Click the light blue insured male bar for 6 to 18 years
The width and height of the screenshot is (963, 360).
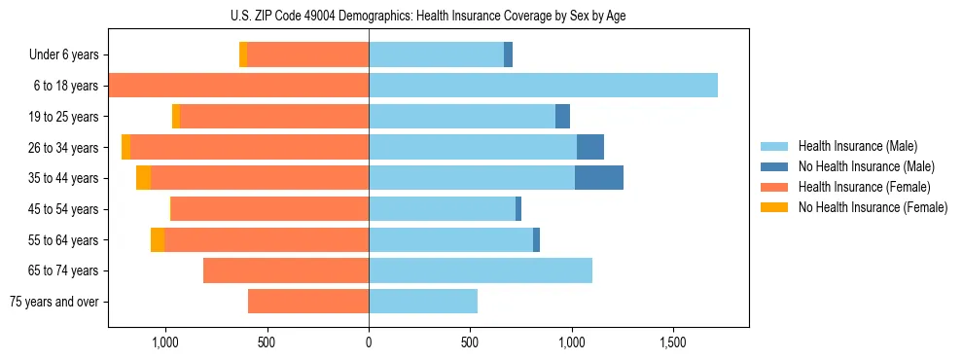click(x=543, y=86)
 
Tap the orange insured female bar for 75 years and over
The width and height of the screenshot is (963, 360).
click(x=308, y=302)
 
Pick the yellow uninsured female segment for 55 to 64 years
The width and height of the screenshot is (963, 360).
click(x=158, y=240)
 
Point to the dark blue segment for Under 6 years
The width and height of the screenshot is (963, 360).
click(x=508, y=55)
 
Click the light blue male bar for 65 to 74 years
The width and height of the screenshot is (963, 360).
click(x=481, y=270)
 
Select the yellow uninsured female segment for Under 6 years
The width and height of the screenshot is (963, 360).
click(x=243, y=55)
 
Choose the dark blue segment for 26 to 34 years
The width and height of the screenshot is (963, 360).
click(x=589, y=148)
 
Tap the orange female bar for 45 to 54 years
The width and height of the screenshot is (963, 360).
click(x=269, y=209)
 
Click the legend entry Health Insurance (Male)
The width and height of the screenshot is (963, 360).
click(x=857, y=146)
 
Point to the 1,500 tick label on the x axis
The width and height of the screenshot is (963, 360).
click(x=673, y=342)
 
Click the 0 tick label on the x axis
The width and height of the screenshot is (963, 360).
click(x=369, y=342)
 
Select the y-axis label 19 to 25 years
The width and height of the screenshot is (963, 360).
click(x=63, y=117)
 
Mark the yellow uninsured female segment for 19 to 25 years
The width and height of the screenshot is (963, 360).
click(x=176, y=117)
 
